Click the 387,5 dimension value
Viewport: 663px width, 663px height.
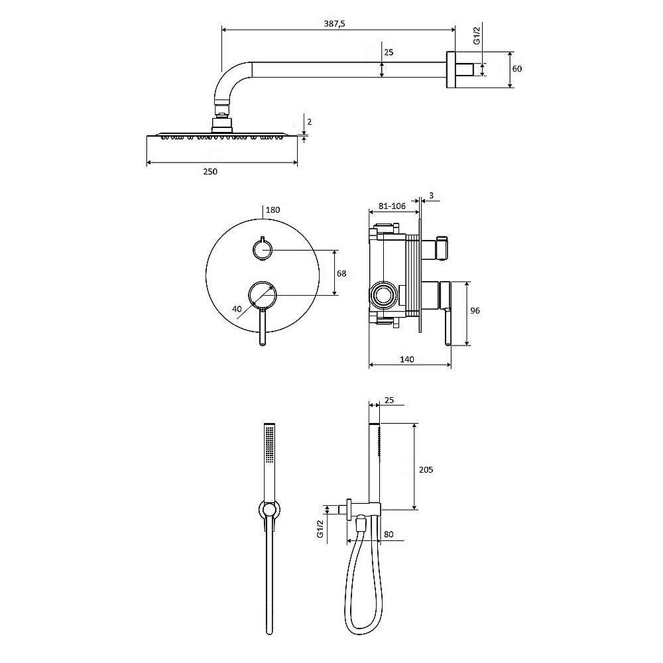pyautogui.click(x=334, y=24)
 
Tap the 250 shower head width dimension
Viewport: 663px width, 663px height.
pyautogui.click(x=210, y=171)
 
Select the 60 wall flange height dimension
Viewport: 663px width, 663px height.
pyautogui.click(x=516, y=68)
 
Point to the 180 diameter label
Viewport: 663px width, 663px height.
pyautogui.click(x=272, y=210)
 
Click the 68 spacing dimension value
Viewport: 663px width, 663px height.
pyautogui.click(x=341, y=274)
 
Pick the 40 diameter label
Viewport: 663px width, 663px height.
pyautogui.click(x=237, y=309)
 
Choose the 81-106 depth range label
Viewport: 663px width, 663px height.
pyautogui.click(x=392, y=206)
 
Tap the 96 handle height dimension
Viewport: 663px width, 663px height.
pyautogui.click(x=475, y=310)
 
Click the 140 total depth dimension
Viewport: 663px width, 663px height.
pyautogui.click(x=407, y=359)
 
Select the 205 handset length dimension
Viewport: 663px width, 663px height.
pyautogui.click(x=426, y=469)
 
